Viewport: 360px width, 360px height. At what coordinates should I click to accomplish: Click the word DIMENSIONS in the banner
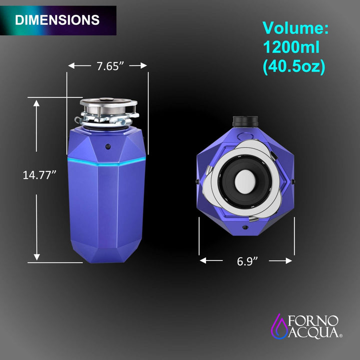(x=57, y=20)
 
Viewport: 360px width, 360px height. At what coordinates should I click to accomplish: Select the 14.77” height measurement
(x=39, y=175)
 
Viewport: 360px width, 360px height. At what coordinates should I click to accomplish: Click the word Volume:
(x=295, y=28)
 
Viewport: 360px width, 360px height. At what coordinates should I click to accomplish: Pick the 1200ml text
(x=291, y=47)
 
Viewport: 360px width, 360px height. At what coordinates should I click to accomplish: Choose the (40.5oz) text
(x=294, y=67)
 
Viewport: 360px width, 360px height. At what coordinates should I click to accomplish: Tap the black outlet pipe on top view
(x=245, y=121)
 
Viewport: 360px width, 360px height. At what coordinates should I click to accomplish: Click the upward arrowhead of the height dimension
(x=36, y=102)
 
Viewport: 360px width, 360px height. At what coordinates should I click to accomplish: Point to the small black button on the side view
(x=108, y=146)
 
